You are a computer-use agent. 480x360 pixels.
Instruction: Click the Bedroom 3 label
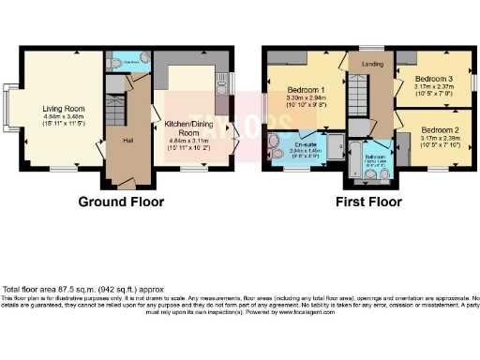[433, 79]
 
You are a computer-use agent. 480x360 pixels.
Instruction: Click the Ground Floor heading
[120, 201]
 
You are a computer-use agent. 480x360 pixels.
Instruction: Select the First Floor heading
[370, 201]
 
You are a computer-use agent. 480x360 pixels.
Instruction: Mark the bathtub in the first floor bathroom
[352, 161]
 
